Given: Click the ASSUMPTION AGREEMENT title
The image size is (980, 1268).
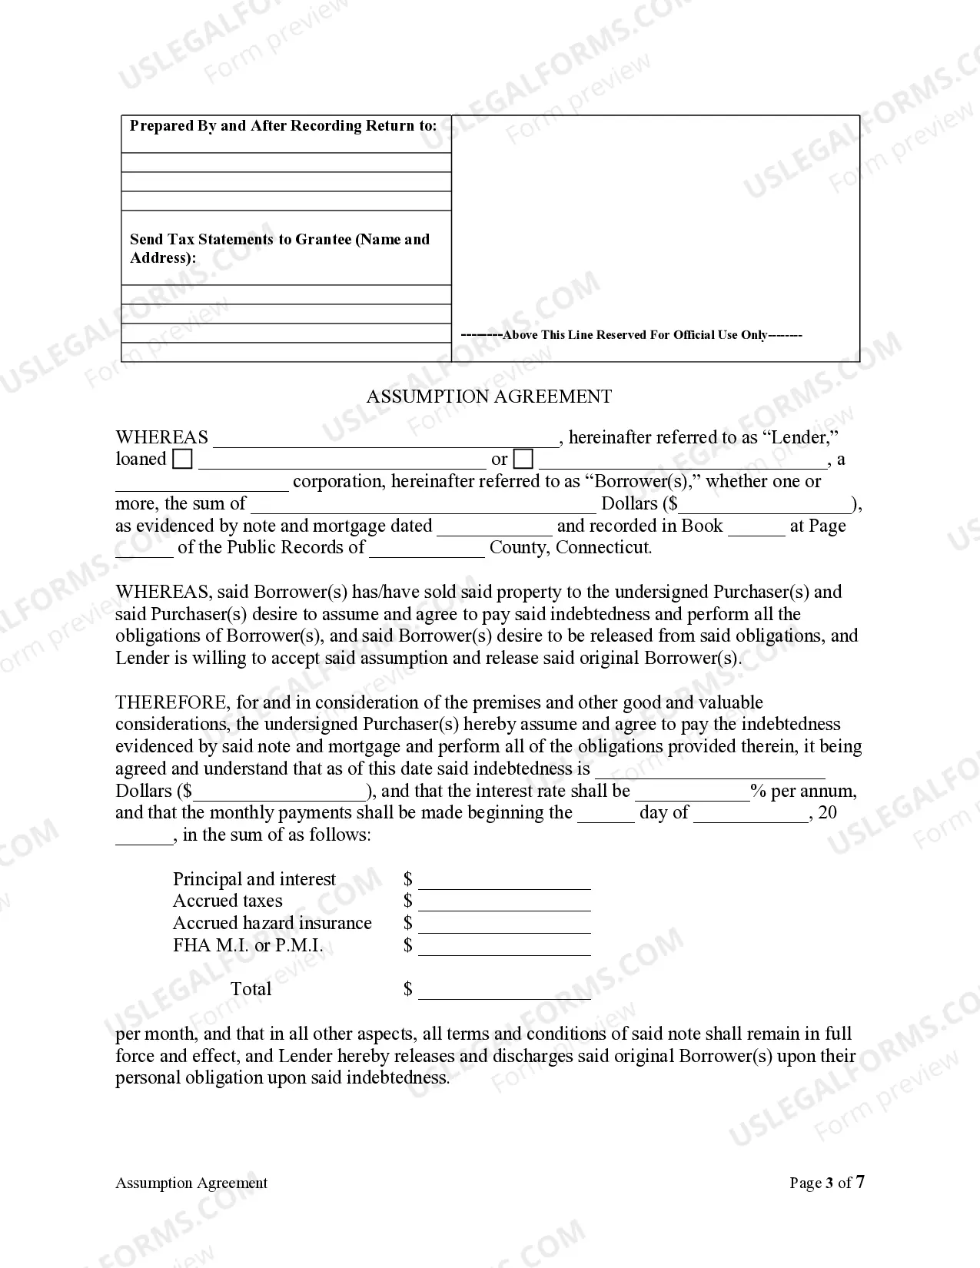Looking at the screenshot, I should point(489,397).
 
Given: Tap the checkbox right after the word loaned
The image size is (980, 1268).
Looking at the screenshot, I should point(183,460).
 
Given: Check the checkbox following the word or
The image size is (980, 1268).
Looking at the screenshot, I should point(523,460).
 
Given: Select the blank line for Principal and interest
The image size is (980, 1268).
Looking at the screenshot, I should point(504,881).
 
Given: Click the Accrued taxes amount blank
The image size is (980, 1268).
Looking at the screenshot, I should point(504,903).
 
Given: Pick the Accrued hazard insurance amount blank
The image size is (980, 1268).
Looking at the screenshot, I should point(504,925).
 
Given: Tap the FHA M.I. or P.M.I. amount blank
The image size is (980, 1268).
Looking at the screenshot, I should point(504,948).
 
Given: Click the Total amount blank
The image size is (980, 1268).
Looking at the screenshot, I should point(504,991).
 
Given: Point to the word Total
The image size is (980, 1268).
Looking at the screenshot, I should point(251,989).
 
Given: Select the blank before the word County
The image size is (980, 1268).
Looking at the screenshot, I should point(427,549).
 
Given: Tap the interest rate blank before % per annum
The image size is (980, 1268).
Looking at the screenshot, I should point(692,793).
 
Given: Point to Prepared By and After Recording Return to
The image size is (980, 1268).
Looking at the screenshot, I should point(283,126).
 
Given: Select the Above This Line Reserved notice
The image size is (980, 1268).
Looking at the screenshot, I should point(631,335).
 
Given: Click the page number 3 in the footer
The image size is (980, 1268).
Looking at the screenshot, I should point(829,1183).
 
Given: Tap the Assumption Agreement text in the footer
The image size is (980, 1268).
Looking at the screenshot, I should point(191,1183).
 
